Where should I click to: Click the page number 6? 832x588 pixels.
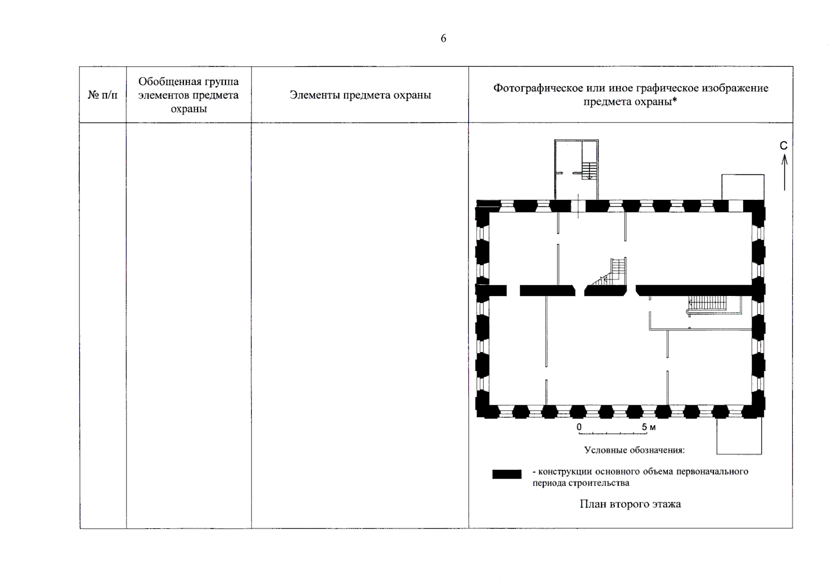point(443,39)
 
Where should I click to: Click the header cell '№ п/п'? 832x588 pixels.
point(102,95)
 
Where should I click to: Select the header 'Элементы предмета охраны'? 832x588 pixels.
point(360,95)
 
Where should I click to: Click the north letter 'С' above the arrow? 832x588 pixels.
point(783,146)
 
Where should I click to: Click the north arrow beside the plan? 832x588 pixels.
point(784,172)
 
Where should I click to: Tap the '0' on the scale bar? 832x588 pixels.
point(579,427)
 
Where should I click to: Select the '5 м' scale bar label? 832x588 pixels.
point(649,427)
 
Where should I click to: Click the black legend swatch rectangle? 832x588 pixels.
point(507,474)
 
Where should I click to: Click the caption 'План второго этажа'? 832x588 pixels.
point(630,504)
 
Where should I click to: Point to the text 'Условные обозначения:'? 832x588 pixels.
point(634,450)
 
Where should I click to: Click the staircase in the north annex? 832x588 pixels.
point(589,170)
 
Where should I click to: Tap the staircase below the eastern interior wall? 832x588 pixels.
point(709,304)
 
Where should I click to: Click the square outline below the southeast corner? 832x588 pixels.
point(739,436)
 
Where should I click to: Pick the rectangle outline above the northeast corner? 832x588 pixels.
point(742,187)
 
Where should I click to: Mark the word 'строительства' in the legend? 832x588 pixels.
point(599,483)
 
